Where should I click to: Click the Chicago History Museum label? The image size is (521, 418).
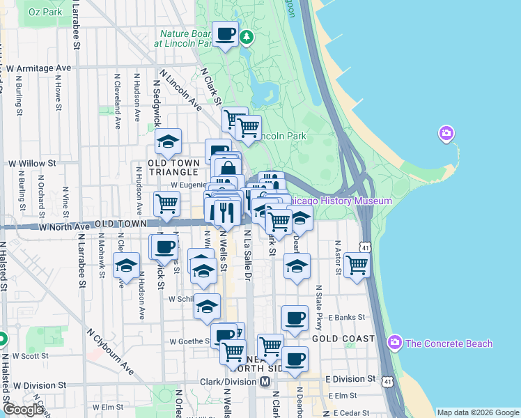click(340, 201)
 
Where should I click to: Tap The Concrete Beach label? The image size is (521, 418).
click(449, 343)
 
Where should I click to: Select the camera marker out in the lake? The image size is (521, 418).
click(446, 132)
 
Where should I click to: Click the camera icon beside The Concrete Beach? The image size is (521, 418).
click(395, 343)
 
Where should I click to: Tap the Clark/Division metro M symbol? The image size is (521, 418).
click(265, 382)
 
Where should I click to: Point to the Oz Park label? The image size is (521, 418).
click(45, 12)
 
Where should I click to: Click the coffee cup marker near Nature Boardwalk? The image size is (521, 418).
click(226, 34)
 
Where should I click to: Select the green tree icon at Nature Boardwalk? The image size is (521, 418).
click(246, 37)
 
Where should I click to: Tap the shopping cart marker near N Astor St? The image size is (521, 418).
click(357, 265)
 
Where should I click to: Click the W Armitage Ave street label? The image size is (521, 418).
click(38, 68)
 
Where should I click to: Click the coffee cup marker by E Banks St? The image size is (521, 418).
click(295, 318)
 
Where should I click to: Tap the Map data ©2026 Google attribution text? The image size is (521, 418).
click(477, 412)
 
